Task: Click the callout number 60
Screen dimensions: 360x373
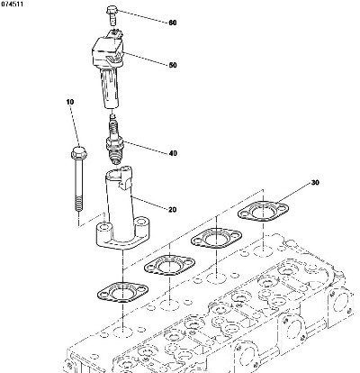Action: tap(173, 23)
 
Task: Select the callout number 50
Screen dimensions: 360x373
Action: tap(173, 65)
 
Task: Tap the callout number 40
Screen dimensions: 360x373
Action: tap(173, 153)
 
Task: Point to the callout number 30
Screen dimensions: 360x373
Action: tap(315, 182)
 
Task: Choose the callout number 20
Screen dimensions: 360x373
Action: tap(173, 210)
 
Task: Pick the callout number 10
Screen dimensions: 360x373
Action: tap(70, 102)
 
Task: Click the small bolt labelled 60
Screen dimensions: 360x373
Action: tap(111, 15)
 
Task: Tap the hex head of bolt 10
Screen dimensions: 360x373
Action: tap(79, 153)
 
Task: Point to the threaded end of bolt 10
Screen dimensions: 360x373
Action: tap(79, 204)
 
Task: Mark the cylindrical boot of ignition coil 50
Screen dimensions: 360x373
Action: tap(110, 87)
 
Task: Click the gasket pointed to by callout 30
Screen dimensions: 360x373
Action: tap(263, 212)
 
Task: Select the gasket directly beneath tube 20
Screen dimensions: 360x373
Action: tap(123, 291)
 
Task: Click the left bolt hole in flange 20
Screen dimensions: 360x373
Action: tap(104, 225)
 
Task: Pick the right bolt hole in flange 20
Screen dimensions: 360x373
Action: tap(139, 223)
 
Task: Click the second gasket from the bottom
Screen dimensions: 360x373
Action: tap(170, 265)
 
